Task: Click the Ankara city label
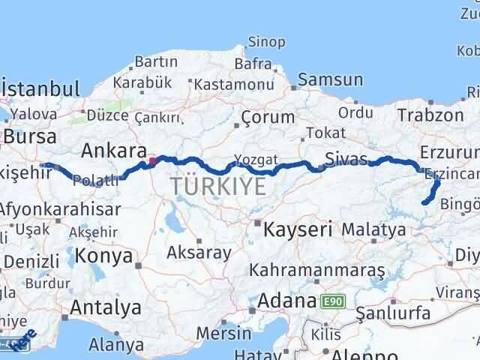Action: [x=113, y=149]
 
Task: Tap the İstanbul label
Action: [x=42, y=88]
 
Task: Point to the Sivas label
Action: [x=346, y=158]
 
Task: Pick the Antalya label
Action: [x=105, y=307]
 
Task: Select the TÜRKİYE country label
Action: [x=218, y=185]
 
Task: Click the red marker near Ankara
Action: [x=152, y=160]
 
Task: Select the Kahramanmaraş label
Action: [x=317, y=269]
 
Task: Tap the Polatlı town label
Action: [x=97, y=180]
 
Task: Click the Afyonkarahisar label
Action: [x=60, y=209]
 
